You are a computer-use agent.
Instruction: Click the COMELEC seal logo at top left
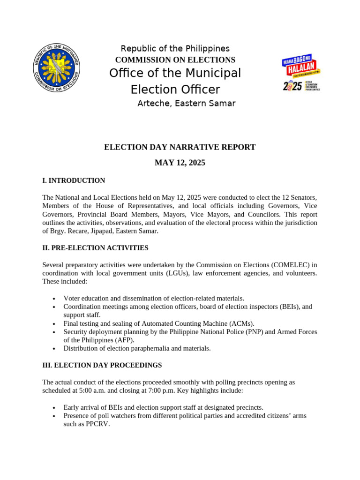(57, 69)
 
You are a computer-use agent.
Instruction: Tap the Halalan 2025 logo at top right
(301, 74)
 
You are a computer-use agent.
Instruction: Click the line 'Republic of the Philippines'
(175, 49)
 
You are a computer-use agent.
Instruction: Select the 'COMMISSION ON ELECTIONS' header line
(175, 60)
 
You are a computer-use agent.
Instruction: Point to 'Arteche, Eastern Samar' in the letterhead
(186, 104)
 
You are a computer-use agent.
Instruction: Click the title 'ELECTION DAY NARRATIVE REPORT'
(180, 147)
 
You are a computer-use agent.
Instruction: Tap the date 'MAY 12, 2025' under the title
(180, 163)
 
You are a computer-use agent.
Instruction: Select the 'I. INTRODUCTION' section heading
(74, 180)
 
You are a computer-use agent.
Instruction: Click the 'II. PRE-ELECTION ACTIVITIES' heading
(95, 248)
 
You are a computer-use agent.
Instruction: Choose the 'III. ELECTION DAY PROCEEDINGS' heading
(102, 365)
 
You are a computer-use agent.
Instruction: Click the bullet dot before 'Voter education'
(54, 299)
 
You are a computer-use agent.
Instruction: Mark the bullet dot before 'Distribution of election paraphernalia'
(54, 349)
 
